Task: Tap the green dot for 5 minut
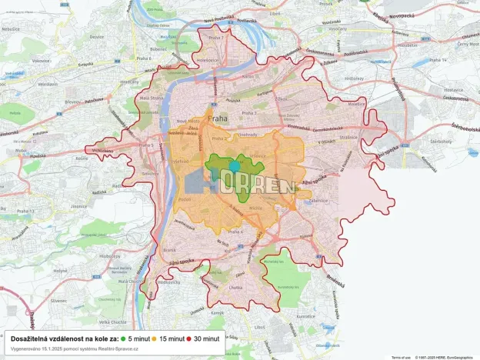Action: [123, 338]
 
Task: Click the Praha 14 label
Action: [460, 58]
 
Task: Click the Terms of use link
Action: [400, 357]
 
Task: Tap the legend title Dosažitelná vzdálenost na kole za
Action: [65, 338]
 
